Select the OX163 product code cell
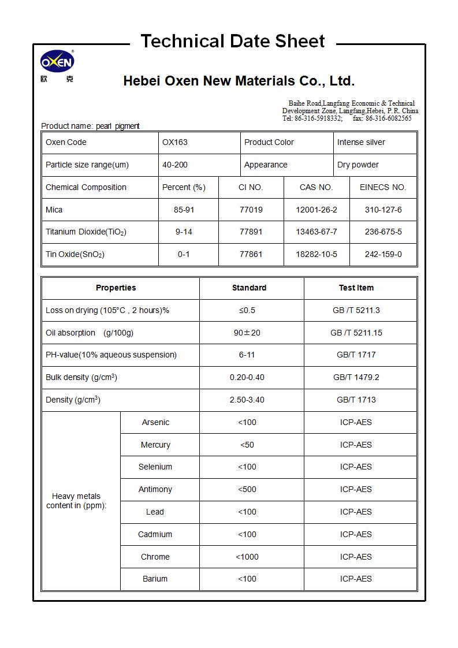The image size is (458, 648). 175,143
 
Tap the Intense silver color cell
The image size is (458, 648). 361,143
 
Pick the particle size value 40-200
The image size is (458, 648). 175,165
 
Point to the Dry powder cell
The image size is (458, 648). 358,165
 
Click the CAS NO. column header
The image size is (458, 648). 316,188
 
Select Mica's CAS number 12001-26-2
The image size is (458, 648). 316,210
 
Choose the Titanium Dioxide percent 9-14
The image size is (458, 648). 184,232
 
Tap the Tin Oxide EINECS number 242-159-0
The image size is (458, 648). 383,255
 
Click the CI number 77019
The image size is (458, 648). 251,210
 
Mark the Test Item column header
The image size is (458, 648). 356,288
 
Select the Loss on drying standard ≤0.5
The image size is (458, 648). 247,311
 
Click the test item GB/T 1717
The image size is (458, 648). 356,355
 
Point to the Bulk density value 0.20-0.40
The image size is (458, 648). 247,378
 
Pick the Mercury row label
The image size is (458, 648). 155,445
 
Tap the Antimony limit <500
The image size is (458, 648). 247,490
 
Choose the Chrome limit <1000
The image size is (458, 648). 247,557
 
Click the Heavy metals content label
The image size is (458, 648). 76,501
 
